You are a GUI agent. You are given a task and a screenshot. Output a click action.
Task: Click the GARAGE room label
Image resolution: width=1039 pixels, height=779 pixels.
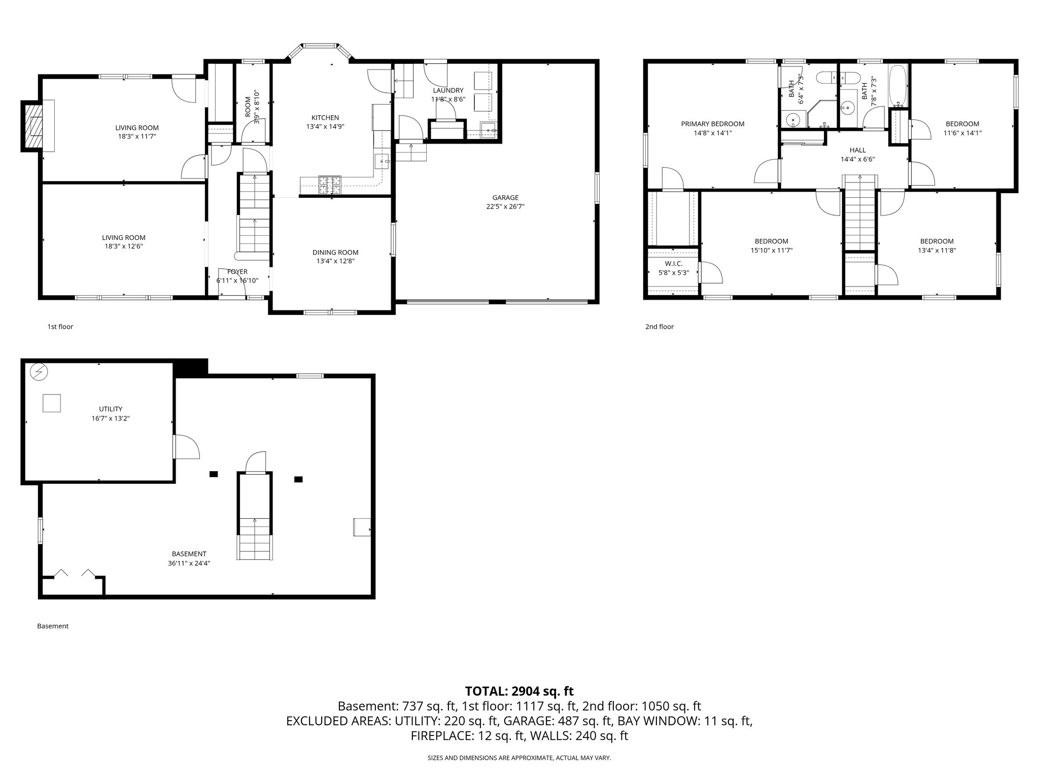pyautogui.click(x=505, y=198)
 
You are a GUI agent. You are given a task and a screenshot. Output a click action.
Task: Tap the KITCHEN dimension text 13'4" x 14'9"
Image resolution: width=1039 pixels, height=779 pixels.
pyautogui.click(x=325, y=127)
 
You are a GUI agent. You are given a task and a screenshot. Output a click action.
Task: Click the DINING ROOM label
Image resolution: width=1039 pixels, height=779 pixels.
pyautogui.click(x=335, y=252)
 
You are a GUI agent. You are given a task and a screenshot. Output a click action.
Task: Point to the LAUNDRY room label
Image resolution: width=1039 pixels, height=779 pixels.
pyautogui.click(x=448, y=90)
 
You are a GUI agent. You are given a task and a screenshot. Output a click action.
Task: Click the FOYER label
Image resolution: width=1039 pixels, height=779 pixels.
pyautogui.click(x=237, y=272)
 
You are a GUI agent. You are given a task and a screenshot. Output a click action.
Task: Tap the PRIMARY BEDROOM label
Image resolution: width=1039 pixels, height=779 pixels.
pyautogui.click(x=712, y=124)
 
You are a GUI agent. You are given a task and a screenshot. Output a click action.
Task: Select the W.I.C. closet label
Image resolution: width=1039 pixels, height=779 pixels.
pyautogui.click(x=674, y=264)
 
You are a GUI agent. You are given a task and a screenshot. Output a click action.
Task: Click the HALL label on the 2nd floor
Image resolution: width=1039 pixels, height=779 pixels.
pyautogui.click(x=857, y=150)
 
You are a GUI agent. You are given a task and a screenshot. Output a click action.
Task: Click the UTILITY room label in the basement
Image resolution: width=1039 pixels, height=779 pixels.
pyautogui.click(x=111, y=409)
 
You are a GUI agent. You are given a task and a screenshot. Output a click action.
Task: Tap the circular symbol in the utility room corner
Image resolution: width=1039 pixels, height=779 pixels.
pyautogui.click(x=39, y=373)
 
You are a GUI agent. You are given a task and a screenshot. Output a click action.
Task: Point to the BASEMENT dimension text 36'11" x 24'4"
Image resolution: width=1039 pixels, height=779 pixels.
pyautogui.click(x=189, y=563)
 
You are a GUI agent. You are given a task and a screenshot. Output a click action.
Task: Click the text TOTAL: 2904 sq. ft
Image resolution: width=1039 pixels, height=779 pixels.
pyautogui.click(x=519, y=691)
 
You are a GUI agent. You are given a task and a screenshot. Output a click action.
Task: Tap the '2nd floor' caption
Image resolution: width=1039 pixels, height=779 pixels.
pyautogui.click(x=659, y=327)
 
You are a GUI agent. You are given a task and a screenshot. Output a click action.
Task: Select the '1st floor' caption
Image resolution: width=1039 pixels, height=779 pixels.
pyautogui.click(x=60, y=327)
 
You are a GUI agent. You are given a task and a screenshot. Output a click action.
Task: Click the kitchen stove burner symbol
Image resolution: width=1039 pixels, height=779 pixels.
pyautogui.click(x=330, y=185)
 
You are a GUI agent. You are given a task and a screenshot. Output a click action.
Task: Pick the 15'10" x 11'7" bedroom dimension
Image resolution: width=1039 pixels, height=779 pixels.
pyautogui.click(x=771, y=250)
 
